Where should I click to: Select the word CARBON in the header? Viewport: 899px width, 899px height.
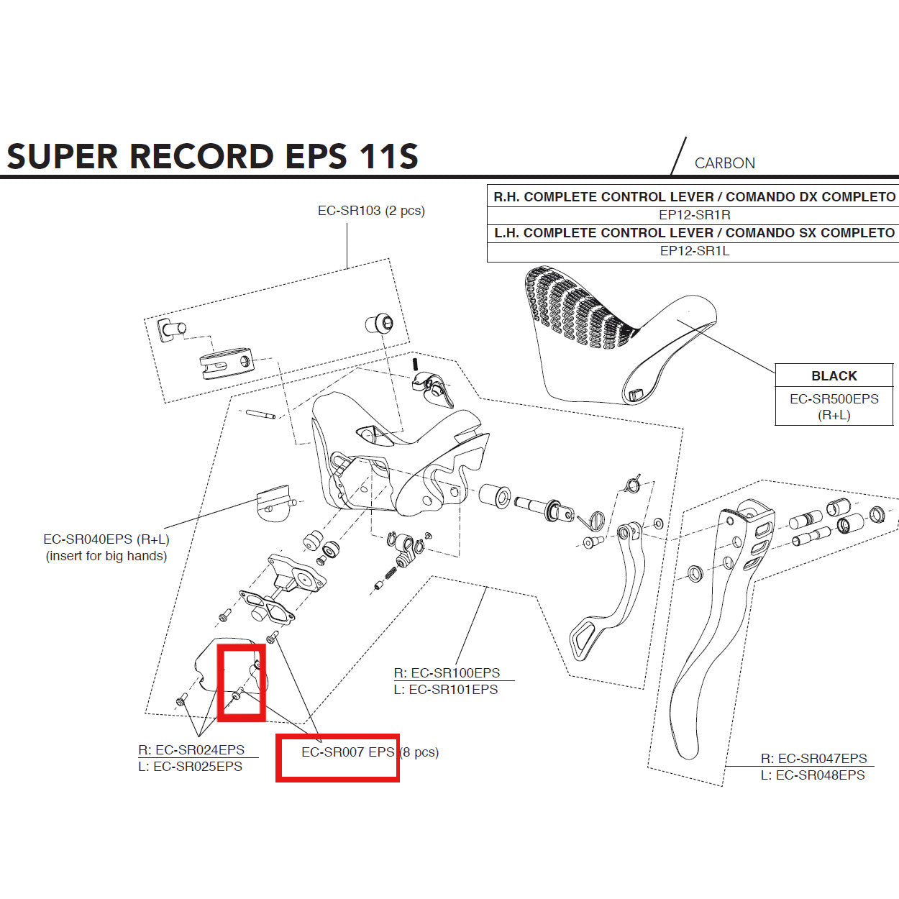click(724, 163)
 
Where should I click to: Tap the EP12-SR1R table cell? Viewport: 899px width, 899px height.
click(694, 215)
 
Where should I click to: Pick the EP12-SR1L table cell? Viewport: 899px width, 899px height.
click(694, 251)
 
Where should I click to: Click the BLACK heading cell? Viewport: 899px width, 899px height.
click(834, 376)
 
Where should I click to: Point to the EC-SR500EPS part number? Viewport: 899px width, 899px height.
click(834, 399)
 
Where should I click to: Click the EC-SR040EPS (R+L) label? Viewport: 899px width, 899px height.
click(106, 539)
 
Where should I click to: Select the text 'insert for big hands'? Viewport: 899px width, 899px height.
click(106, 556)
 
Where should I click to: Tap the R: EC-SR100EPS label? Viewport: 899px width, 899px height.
click(447, 673)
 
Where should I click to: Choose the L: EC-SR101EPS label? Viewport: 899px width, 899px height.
click(446, 690)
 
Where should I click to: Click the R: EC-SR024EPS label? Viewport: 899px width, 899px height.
click(191, 750)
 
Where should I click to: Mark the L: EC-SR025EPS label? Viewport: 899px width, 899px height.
click(191, 767)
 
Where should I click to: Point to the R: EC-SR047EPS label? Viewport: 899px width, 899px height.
click(814, 759)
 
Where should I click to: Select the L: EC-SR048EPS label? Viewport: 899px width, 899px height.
click(813, 775)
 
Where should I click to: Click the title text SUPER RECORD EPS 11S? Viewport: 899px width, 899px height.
click(212, 156)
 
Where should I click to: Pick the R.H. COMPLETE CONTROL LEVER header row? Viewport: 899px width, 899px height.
click(694, 197)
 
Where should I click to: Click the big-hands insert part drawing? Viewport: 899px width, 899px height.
click(274, 501)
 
